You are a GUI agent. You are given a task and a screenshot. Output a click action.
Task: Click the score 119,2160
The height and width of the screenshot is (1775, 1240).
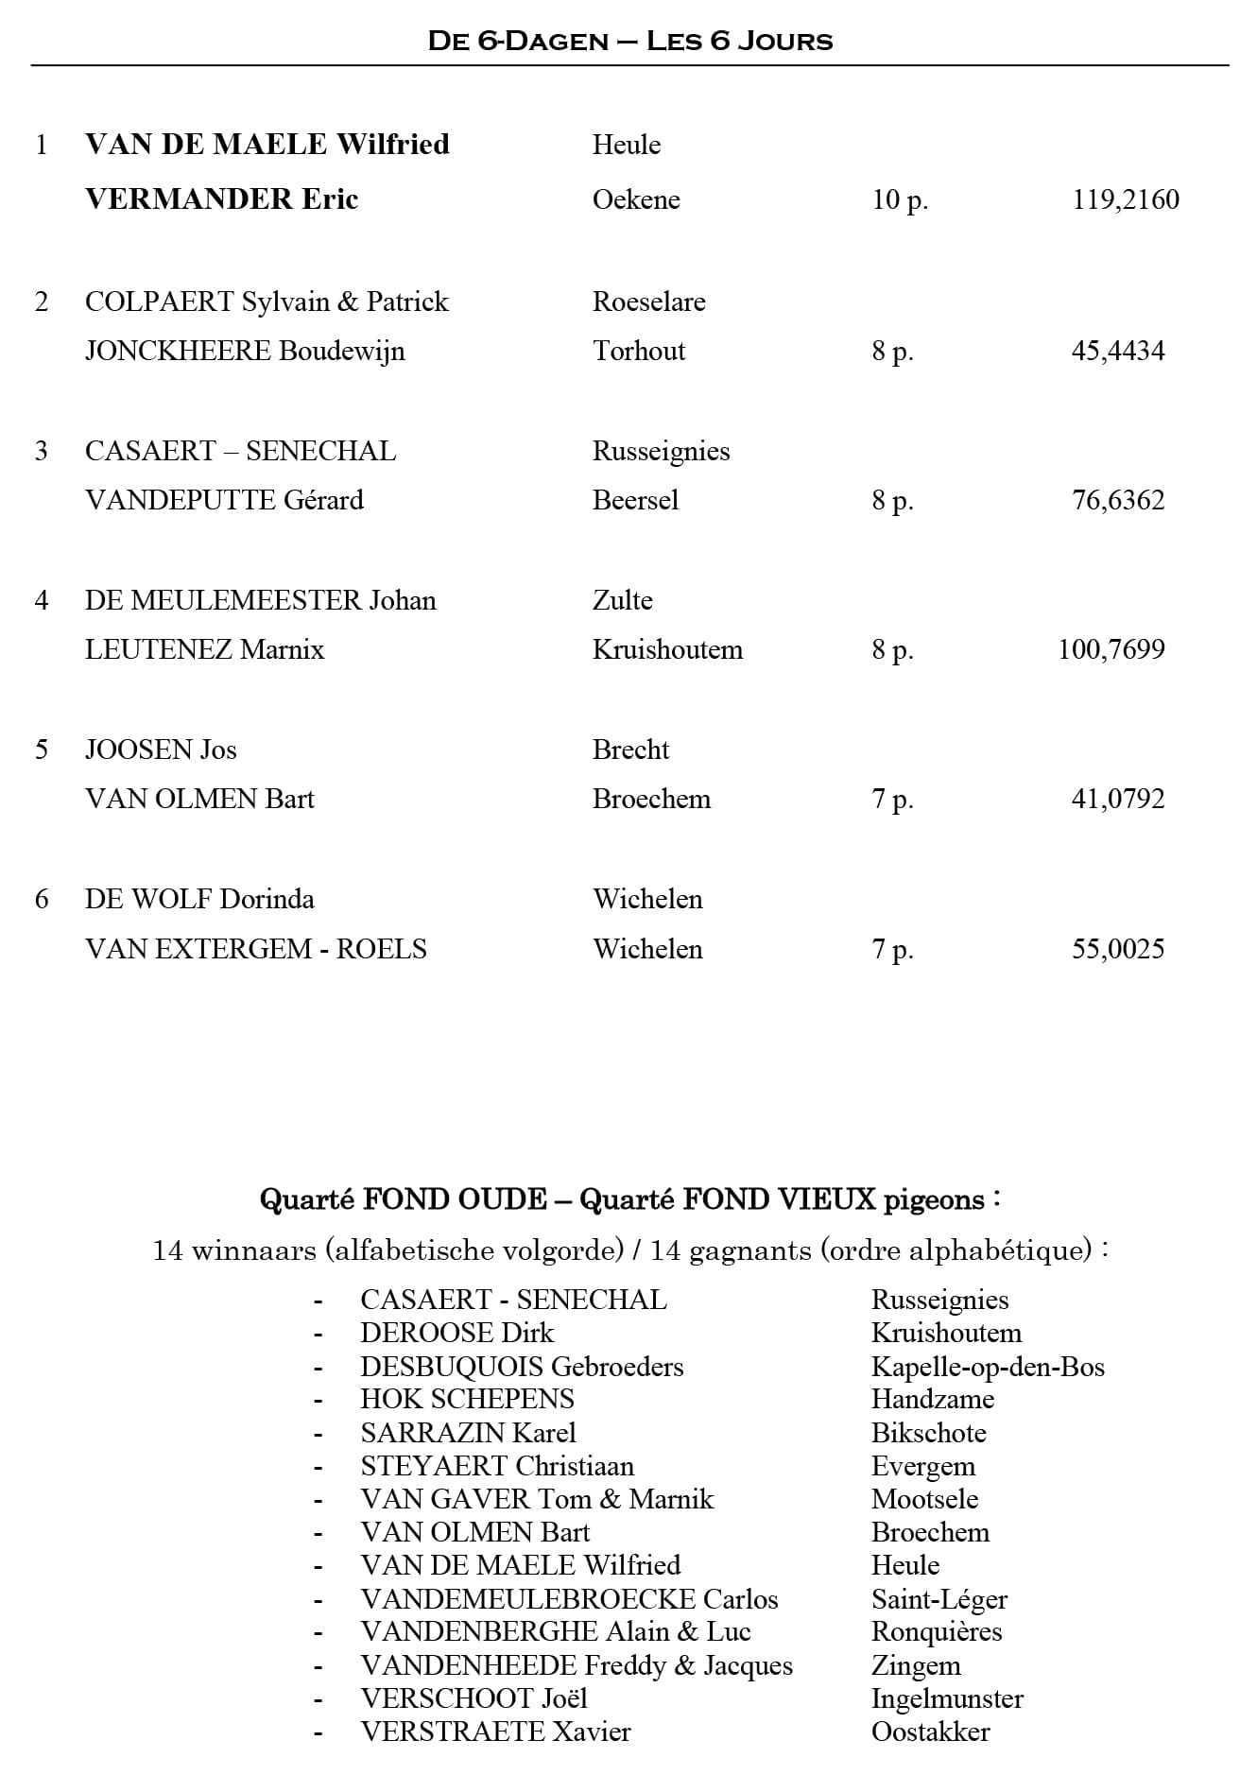point(1126,200)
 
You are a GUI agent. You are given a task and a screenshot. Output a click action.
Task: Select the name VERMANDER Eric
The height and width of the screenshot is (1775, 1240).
point(221,199)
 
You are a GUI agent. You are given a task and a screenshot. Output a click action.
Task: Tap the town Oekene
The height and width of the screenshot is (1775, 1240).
point(636,200)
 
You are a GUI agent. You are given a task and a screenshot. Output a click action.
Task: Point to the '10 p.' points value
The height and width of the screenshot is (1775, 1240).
point(900,200)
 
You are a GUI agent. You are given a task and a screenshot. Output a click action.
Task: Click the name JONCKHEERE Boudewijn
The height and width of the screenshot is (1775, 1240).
point(245,351)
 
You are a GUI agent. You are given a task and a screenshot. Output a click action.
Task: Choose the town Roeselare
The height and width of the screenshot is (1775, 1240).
point(648,302)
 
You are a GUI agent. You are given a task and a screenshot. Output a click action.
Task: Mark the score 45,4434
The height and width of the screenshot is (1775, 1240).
point(1118,351)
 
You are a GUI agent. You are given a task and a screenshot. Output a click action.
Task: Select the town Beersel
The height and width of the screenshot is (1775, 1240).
point(635,500)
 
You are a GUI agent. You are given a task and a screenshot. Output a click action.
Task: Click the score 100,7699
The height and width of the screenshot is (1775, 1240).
point(1111,649)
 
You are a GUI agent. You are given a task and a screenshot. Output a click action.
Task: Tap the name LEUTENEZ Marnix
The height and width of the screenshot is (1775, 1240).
point(204,649)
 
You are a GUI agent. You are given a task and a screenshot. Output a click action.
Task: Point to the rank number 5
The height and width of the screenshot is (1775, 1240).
point(42,750)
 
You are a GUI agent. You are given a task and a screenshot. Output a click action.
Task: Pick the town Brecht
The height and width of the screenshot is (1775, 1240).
point(630,750)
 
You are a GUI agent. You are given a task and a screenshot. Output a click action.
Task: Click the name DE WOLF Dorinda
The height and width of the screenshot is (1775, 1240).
point(199,899)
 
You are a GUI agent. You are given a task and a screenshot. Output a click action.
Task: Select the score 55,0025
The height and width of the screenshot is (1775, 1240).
point(1118,949)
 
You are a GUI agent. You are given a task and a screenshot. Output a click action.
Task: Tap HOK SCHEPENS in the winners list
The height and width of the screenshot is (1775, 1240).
point(467,1399)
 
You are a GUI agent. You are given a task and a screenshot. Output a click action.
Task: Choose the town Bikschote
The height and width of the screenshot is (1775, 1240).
point(928,1433)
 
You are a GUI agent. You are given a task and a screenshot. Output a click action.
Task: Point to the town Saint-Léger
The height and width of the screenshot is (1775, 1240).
point(939,1599)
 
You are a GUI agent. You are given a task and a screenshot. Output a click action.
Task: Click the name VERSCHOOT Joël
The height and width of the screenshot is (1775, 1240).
point(474,1698)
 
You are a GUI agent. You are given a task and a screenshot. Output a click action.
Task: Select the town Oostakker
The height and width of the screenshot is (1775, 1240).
point(930,1732)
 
